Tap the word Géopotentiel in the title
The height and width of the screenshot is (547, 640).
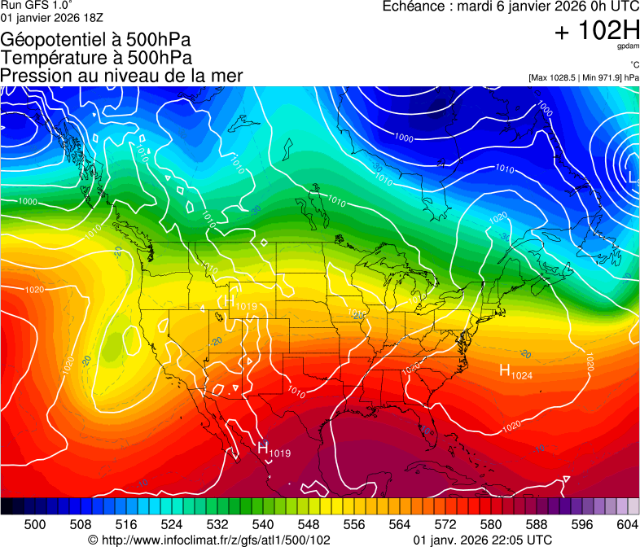point(51,39)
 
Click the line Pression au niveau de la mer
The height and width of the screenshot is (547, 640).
point(121,76)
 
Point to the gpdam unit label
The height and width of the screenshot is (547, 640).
point(628,47)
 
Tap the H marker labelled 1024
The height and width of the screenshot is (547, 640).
point(515,373)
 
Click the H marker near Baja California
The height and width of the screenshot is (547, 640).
point(263,447)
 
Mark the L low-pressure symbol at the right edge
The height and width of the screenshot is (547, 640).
point(633,175)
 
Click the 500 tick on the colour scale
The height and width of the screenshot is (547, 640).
point(35,523)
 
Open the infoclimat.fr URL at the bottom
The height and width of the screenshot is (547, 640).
point(215,540)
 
